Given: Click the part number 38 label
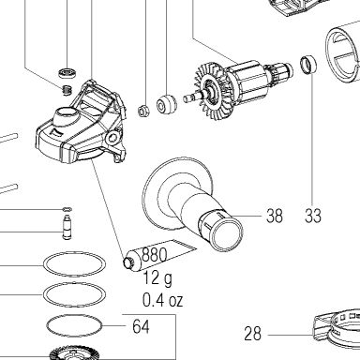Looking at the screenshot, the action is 275,216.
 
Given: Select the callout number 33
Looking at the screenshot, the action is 313,216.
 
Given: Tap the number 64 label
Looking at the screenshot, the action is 141,326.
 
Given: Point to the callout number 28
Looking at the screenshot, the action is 252,334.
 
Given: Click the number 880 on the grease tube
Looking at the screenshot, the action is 154,255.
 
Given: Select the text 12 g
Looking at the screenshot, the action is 157,278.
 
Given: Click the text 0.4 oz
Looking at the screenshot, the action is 162,300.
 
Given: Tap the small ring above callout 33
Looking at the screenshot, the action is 308,65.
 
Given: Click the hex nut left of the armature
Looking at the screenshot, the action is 143,111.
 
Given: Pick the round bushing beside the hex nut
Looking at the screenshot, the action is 166,104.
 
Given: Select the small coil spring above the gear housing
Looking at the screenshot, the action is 67,90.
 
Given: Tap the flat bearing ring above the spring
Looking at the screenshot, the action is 67,73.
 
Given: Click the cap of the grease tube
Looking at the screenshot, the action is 127,263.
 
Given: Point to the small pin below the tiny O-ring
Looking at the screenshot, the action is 67,227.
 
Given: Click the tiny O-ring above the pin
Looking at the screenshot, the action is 67,209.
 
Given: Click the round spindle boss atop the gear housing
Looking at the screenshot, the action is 67,114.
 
